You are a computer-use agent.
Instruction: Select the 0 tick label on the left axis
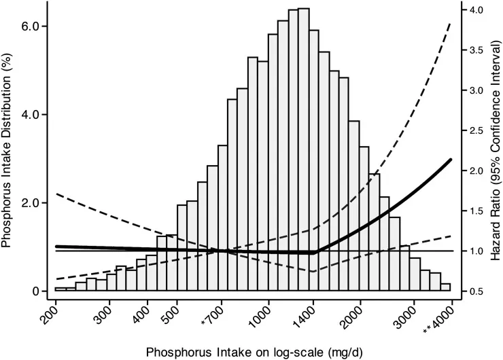click(35, 291)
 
